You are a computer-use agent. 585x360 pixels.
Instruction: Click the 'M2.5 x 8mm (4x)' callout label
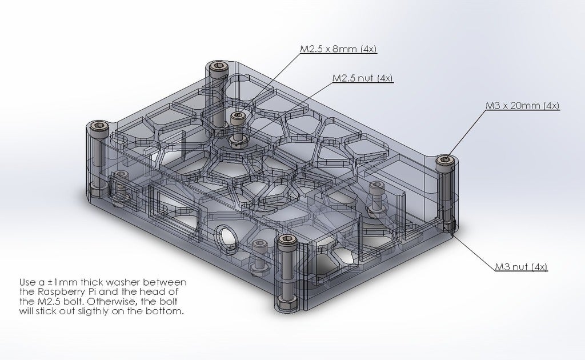[x=338, y=49]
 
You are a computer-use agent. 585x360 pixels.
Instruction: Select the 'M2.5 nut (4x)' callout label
[x=363, y=78]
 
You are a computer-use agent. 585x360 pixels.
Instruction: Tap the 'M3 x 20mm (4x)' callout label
[x=522, y=106]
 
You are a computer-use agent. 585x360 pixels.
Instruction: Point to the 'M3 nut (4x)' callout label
[x=521, y=267]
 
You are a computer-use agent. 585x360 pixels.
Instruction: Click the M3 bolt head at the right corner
[x=446, y=161]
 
